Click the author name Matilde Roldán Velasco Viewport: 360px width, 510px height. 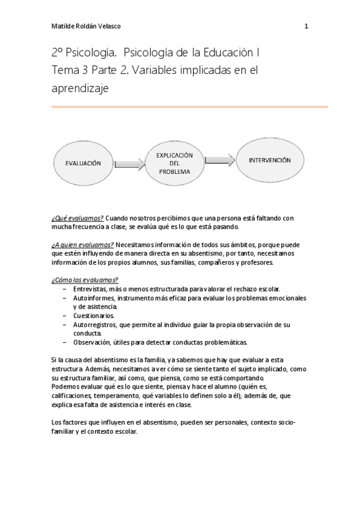(86, 26)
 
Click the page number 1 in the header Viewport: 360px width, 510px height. (307, 26)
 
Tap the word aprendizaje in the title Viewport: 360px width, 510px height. (80, 87)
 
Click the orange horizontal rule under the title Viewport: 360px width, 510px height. (189, 107)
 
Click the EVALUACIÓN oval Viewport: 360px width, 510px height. (83, 163)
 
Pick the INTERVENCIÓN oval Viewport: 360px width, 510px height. (270, 161)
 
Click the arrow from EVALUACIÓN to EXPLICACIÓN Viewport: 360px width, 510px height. (129, 163)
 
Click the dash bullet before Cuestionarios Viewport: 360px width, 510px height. (65, 315)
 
